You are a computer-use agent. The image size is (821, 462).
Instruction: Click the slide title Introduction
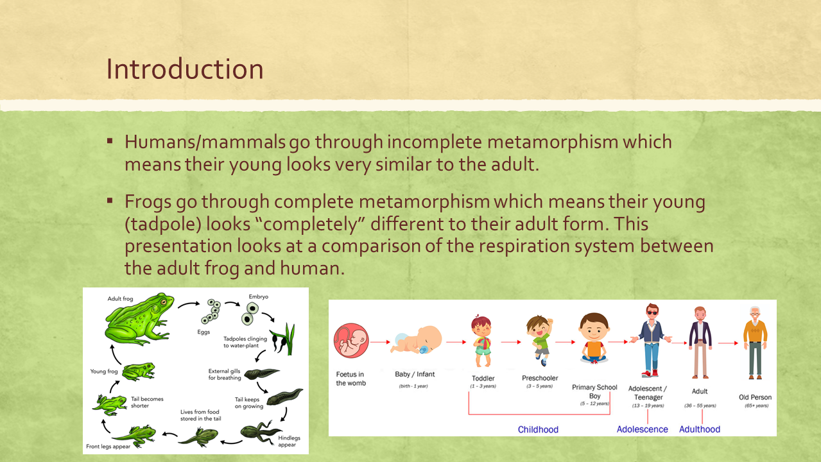[x=185, y=69]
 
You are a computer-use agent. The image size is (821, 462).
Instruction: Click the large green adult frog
[x=139, y=319]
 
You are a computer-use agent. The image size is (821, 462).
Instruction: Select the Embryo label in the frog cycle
[x=259, y=296]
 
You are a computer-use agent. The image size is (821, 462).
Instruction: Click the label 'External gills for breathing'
[x=225, y=375]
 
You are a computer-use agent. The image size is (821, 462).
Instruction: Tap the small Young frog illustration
[x=139, y=372]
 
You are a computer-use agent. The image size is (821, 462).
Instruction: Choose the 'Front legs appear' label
[x=108, y=446]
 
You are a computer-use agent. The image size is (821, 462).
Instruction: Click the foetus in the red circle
[x=350, y=340]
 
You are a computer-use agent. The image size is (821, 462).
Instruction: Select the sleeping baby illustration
[x=416, y=340]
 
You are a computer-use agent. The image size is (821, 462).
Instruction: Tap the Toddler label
[x=483, y=378]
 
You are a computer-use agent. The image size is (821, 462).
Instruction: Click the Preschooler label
[x=540, y=378]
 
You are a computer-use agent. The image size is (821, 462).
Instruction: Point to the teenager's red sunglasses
[x=652, y=312]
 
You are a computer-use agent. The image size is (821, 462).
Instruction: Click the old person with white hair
[x=755, y=343]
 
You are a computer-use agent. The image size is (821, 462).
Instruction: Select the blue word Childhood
[x=538, y=429]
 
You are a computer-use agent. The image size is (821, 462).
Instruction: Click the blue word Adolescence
[x=642, y=429]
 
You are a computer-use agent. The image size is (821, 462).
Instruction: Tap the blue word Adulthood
[x=700, y=429]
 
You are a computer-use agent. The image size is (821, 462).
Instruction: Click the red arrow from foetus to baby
[x=380, y=342]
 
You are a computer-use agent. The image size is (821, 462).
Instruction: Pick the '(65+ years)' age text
[x=757, y=406]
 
